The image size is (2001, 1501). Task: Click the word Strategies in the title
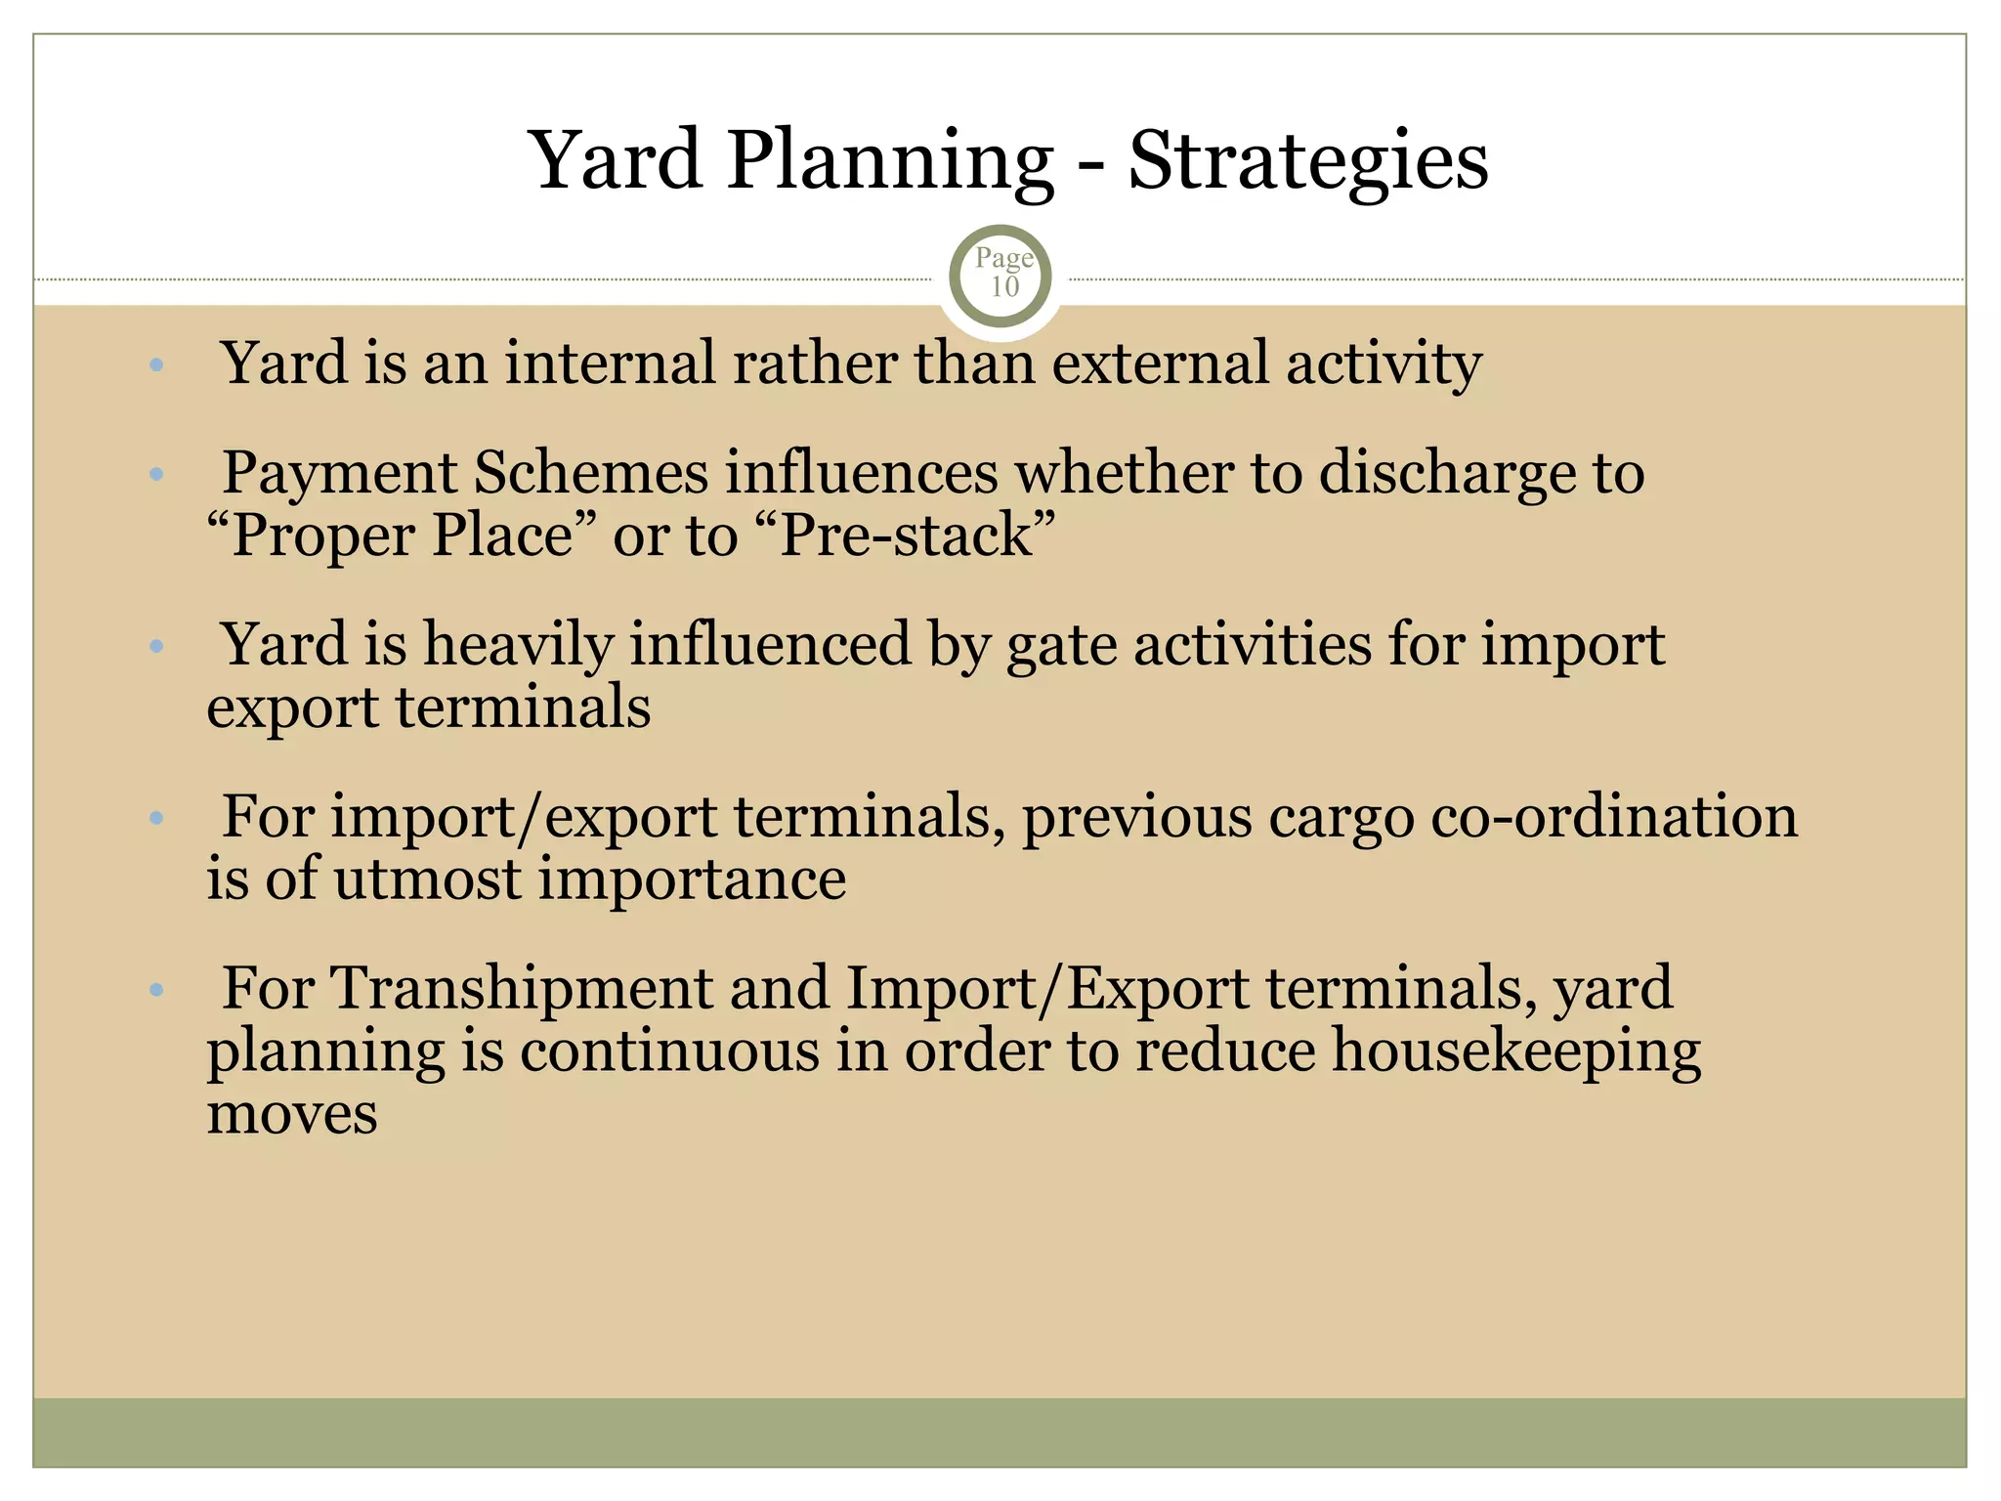coord(1308,161)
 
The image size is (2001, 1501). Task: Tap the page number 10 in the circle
coord(1004,287)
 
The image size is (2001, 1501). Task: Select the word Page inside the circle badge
coord(1004,258)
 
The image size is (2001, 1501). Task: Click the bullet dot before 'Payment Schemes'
coord(156,476)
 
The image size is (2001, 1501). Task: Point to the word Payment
coord(339,474)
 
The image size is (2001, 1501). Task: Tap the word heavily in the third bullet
coord(517,646)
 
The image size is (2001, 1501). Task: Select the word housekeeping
coord(1516,1052)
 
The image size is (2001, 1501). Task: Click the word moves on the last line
coord(292,1115)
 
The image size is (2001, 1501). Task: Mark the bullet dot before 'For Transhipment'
coord(156,991)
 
